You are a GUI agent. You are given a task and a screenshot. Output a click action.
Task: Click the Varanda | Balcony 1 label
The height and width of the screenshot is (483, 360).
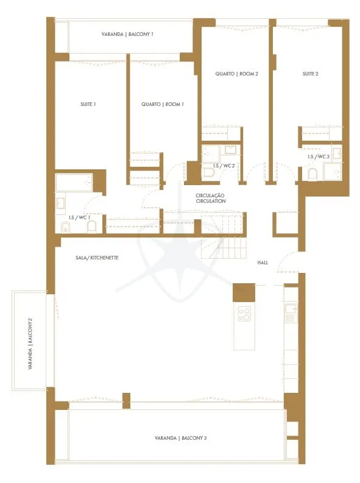click(x=127, y=34)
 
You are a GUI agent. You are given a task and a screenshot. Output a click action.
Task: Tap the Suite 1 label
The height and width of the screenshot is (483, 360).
click(x=88, y=104)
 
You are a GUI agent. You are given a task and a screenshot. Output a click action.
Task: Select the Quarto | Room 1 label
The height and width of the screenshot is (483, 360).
click(x=163, y=104)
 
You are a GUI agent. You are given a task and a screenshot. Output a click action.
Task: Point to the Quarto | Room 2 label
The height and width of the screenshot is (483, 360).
click(x=236, y=74)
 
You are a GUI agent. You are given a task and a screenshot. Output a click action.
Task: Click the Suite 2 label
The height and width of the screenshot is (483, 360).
click(x=311, y=74)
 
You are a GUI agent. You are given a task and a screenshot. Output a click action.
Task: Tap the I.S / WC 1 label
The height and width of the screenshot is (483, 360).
click(x=79, y=217)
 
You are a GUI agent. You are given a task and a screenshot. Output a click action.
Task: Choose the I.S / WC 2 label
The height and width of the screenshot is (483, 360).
click(x=224, y=166)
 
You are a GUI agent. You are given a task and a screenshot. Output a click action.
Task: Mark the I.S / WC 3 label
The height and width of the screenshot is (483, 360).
click(x=319, y=157)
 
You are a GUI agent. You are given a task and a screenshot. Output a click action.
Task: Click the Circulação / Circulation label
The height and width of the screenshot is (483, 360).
click(x=211, y=198)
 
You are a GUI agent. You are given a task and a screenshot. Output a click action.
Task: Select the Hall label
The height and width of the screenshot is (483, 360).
click(x=263, y=263)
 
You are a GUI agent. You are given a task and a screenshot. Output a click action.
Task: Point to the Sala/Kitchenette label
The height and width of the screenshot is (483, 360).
click(x=97, y=258)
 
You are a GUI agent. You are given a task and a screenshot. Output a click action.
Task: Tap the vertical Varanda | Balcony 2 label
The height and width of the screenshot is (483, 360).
click(x=30, y=344)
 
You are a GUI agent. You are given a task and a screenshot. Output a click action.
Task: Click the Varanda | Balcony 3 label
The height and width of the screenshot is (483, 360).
click(x=181, y=438)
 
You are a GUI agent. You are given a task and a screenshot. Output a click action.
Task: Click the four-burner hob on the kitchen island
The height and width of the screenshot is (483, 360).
click(x=244, y=314)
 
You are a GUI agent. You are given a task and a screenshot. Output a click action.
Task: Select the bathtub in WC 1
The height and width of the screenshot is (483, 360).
click(x=74, y=182)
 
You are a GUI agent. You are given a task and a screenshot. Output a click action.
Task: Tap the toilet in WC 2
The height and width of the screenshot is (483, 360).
click(x=210, y=173)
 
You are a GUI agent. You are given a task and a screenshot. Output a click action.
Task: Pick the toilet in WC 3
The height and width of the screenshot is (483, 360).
click(x=312, y=175)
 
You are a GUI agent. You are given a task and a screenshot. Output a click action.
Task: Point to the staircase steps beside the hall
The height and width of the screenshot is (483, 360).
click(x=224, y=236)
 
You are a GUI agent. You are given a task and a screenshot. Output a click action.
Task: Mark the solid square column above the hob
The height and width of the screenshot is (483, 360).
click(x=244, y=292)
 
